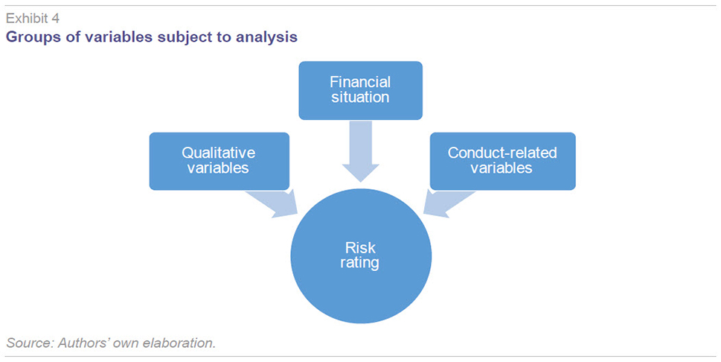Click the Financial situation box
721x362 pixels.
tap(360, 90)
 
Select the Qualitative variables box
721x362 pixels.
tap(219, 161)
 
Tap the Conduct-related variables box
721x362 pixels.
tap(502, 161)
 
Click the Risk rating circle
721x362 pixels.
tap(361, 256)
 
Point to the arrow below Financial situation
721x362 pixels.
tap(360, 151)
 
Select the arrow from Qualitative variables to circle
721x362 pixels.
tap(272, 203)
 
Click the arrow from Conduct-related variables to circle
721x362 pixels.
tap(449, 203)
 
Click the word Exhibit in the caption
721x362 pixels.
tap(26, 19)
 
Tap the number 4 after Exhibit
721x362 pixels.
tap(55, 19)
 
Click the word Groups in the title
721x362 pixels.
tap(33, 36)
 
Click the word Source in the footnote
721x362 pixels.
tap(30, 343)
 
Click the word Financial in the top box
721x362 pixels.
tap(360, 82)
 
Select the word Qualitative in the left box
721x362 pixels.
tap(219, 153)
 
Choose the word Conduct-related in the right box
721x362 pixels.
tap(502, 153)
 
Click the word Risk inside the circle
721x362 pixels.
tap(360, 248)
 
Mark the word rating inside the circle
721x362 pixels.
tap(360, 264)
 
